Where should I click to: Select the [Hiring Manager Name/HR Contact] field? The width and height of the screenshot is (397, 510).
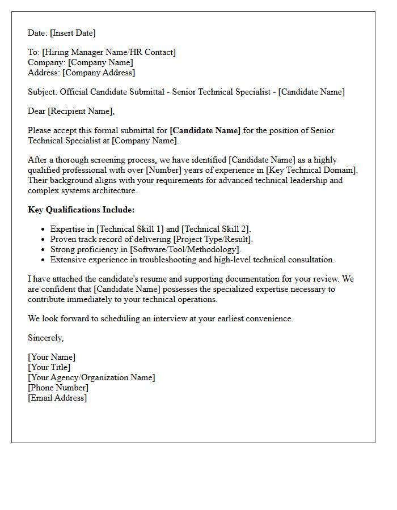pos(108,52)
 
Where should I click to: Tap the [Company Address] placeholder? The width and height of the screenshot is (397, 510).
pos(99,73)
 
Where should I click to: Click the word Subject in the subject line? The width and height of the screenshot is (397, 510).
pos(41,92)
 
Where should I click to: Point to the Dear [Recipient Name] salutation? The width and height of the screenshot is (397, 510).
pos(71,111)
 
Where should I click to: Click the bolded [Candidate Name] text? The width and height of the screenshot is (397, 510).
pos(205,130)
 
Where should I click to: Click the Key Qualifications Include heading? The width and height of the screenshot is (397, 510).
pos(81,210)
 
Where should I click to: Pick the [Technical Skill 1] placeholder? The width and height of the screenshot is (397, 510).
pos(130,229)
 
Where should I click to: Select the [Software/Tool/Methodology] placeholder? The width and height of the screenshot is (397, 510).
pos(185,249)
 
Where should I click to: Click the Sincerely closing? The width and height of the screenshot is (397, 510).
pos(45,338)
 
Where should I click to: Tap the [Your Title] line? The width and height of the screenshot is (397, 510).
pos(49,367)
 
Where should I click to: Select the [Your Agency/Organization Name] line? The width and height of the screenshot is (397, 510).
pos(91,377)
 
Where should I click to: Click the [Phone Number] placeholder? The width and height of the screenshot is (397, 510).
pos(58,388)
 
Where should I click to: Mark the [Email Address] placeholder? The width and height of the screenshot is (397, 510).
pos(57,398)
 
